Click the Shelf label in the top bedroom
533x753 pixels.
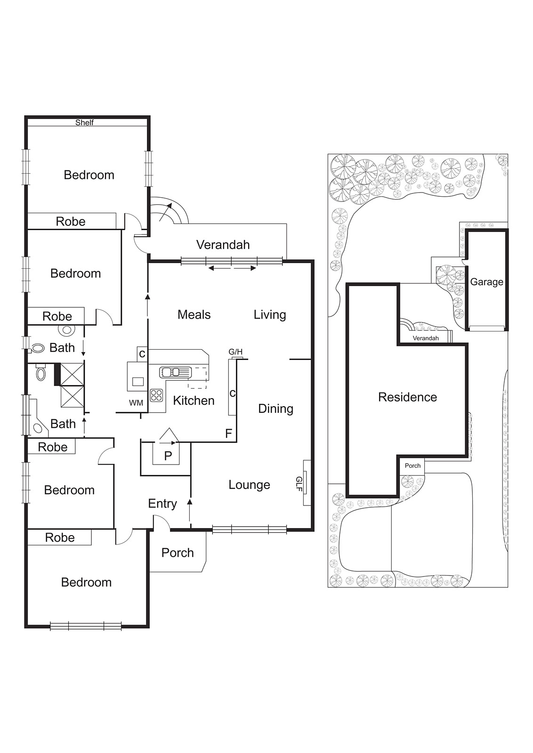pyautogui.click(x=84, y=122)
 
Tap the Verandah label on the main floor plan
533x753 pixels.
pyautogui.click(x=223, y=245)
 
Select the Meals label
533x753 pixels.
pyautogui.click(x=194, y=315)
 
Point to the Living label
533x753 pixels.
pyautogui.click(x=270, y=315)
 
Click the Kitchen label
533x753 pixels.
pyautogui.click(x=194, y=401)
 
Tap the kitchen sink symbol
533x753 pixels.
pyautogui.click(x=175, y=372)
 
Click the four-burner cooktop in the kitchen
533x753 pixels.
pyautogui.click(x=156, y=395)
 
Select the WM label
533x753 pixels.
pyautogui.click(x=136, y=403)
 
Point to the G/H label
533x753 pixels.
pyautogui.click(x=235, y=352)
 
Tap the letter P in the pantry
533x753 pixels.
pyautogui.click(x=168, y=456)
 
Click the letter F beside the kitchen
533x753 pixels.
pyautogui.click(x=229, y=433)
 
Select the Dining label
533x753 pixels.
pyautogui.click(x=276, y=409)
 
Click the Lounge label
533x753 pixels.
pyautogui.click(x=249, y=485)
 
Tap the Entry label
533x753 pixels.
pyautogui.click(x=162, y=504)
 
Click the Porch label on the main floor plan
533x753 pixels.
pyautogui.click(x=178, y=553)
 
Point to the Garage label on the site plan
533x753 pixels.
pyautogui.click(x=486, y=282)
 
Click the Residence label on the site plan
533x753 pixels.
pyautogui.click(x=408, y=397)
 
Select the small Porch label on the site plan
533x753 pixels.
pyautogui.click(x=412, y=465)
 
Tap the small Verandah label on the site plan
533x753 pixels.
pyautogui.click(x=426, y=338)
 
